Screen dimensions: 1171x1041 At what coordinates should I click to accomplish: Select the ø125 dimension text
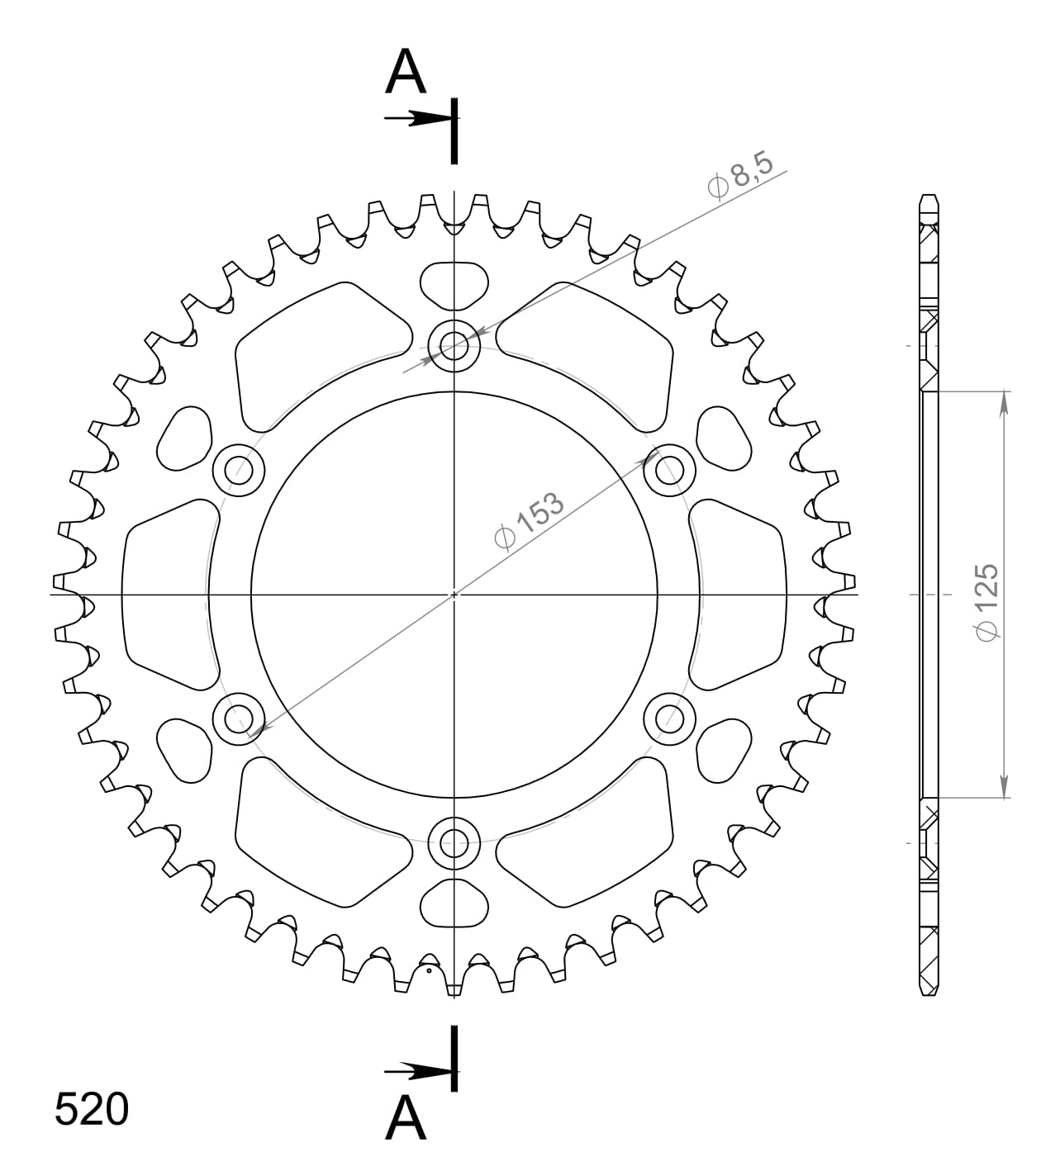click(x=986, y=600)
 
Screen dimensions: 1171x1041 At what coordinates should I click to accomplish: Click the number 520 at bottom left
click(x=92, y=1110)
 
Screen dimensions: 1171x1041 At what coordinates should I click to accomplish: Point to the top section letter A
click(x=406, y=72)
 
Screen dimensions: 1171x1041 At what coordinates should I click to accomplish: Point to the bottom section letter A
click(x=406, y=1118)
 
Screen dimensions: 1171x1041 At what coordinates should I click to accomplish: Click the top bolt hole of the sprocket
click(x=454, y=344)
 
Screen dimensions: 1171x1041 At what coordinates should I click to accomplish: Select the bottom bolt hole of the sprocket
click(x=454, y=843)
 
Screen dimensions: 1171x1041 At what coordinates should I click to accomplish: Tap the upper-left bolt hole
click(x=239, y=471)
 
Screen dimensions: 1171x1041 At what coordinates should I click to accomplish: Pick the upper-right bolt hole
click(x=670, y=471)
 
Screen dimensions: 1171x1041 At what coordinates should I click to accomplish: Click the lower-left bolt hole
click(x=239, y=718)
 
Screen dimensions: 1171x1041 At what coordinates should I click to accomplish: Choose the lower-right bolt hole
click(x=670, y=718)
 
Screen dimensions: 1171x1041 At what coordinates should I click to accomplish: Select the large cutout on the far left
click(x=165, y=594)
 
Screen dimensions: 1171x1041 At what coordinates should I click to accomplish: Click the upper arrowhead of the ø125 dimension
click(x=1004, y=402)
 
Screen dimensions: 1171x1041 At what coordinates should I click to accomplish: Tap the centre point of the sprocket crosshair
click(x=454, y=594)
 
